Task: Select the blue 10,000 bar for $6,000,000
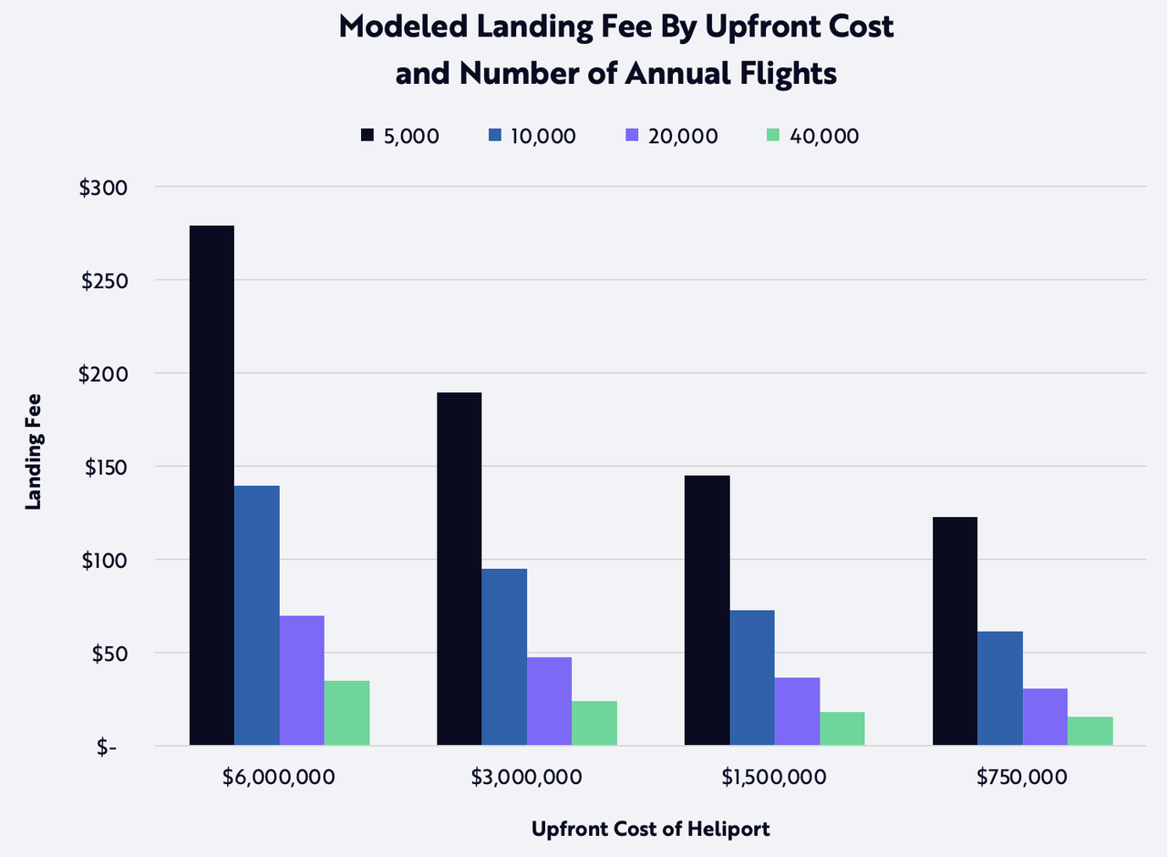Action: pos(257,615)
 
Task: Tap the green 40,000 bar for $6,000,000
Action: pos(346,713)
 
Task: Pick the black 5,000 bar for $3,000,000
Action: pos(460,569)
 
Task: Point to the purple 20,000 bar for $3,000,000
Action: pos(549,701)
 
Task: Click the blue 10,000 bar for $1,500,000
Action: pos(752,678)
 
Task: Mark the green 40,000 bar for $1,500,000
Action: pos(842,729)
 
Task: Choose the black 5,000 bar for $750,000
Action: pos(955,631)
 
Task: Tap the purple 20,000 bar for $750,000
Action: pos(1045,717)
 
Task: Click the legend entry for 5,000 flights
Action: pos(400,136)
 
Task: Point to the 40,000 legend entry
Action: pos(812,136)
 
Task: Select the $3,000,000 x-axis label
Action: pos(527,778)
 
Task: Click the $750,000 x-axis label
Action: pos(1022,778)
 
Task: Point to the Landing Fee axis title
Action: pos(34,450)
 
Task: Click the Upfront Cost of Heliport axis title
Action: pos(651,830)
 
